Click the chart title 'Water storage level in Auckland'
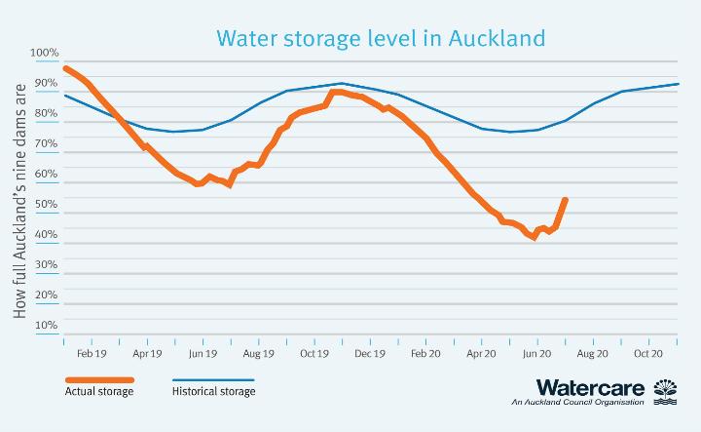[380, 38]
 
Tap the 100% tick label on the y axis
[45, 53]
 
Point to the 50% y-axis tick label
[47, 204]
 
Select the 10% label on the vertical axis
[47, 325]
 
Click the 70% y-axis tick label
[47, 143]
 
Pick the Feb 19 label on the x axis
[92, 355]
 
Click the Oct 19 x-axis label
[314, 355]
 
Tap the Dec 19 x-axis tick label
[370, 355]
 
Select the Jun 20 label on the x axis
[537, 355]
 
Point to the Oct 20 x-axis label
[648, 355]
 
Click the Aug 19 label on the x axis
[258, 355]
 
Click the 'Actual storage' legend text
[99, 392]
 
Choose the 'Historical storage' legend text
[213, 392]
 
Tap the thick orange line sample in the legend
[99, 379]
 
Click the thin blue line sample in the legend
[212, 379]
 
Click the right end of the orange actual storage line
[566, 200]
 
